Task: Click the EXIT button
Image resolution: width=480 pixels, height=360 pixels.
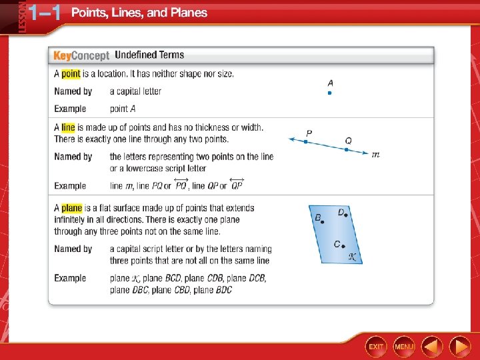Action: point(376,346)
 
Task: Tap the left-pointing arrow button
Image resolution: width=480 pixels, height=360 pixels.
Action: point(432,346)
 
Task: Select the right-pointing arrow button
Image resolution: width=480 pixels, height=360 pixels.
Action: point(460,346)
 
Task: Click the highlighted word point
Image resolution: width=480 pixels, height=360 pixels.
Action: point(71,74)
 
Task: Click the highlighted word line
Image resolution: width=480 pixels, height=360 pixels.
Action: point(68,127)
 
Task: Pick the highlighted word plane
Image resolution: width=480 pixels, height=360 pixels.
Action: point(72,208)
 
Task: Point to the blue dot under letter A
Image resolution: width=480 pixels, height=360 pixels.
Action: point(329,93)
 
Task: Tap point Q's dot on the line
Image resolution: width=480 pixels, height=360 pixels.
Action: point(346,149)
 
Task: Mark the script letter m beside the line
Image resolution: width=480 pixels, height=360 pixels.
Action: point(375,155)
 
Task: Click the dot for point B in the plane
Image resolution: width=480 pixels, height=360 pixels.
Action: point(323,221)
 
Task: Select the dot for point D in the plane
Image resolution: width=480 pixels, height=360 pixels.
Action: point(347,215)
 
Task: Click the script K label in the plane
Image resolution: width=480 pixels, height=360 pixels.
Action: point(353,256)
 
